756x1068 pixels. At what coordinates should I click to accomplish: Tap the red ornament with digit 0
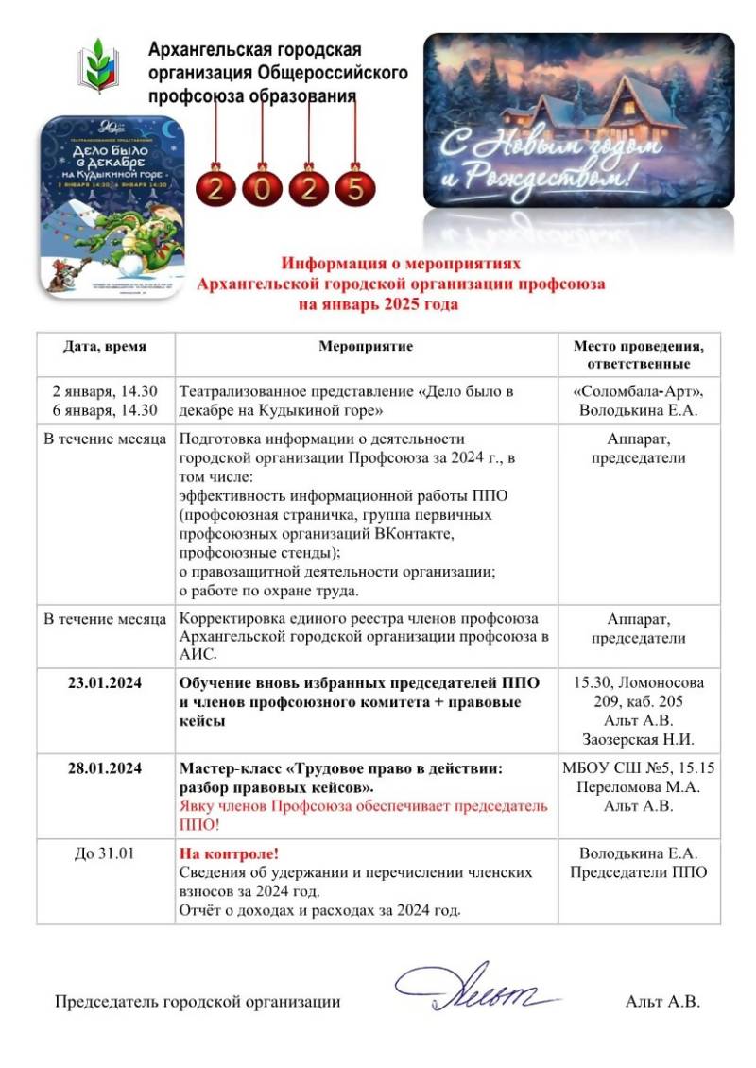[261, 187]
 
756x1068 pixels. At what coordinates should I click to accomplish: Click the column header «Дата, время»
[105, 347]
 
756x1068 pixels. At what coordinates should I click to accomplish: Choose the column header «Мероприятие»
[366, 347]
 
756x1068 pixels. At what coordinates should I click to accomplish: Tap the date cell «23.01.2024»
[105, 683]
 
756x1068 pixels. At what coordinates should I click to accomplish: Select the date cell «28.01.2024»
[105, 769]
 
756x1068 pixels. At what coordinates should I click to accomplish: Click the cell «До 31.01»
[105, 853]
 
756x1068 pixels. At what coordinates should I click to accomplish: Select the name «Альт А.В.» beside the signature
[662, 1002]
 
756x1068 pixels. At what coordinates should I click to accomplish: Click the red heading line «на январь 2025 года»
[378, 304]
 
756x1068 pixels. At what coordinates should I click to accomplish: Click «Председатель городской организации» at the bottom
[198, 1002]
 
